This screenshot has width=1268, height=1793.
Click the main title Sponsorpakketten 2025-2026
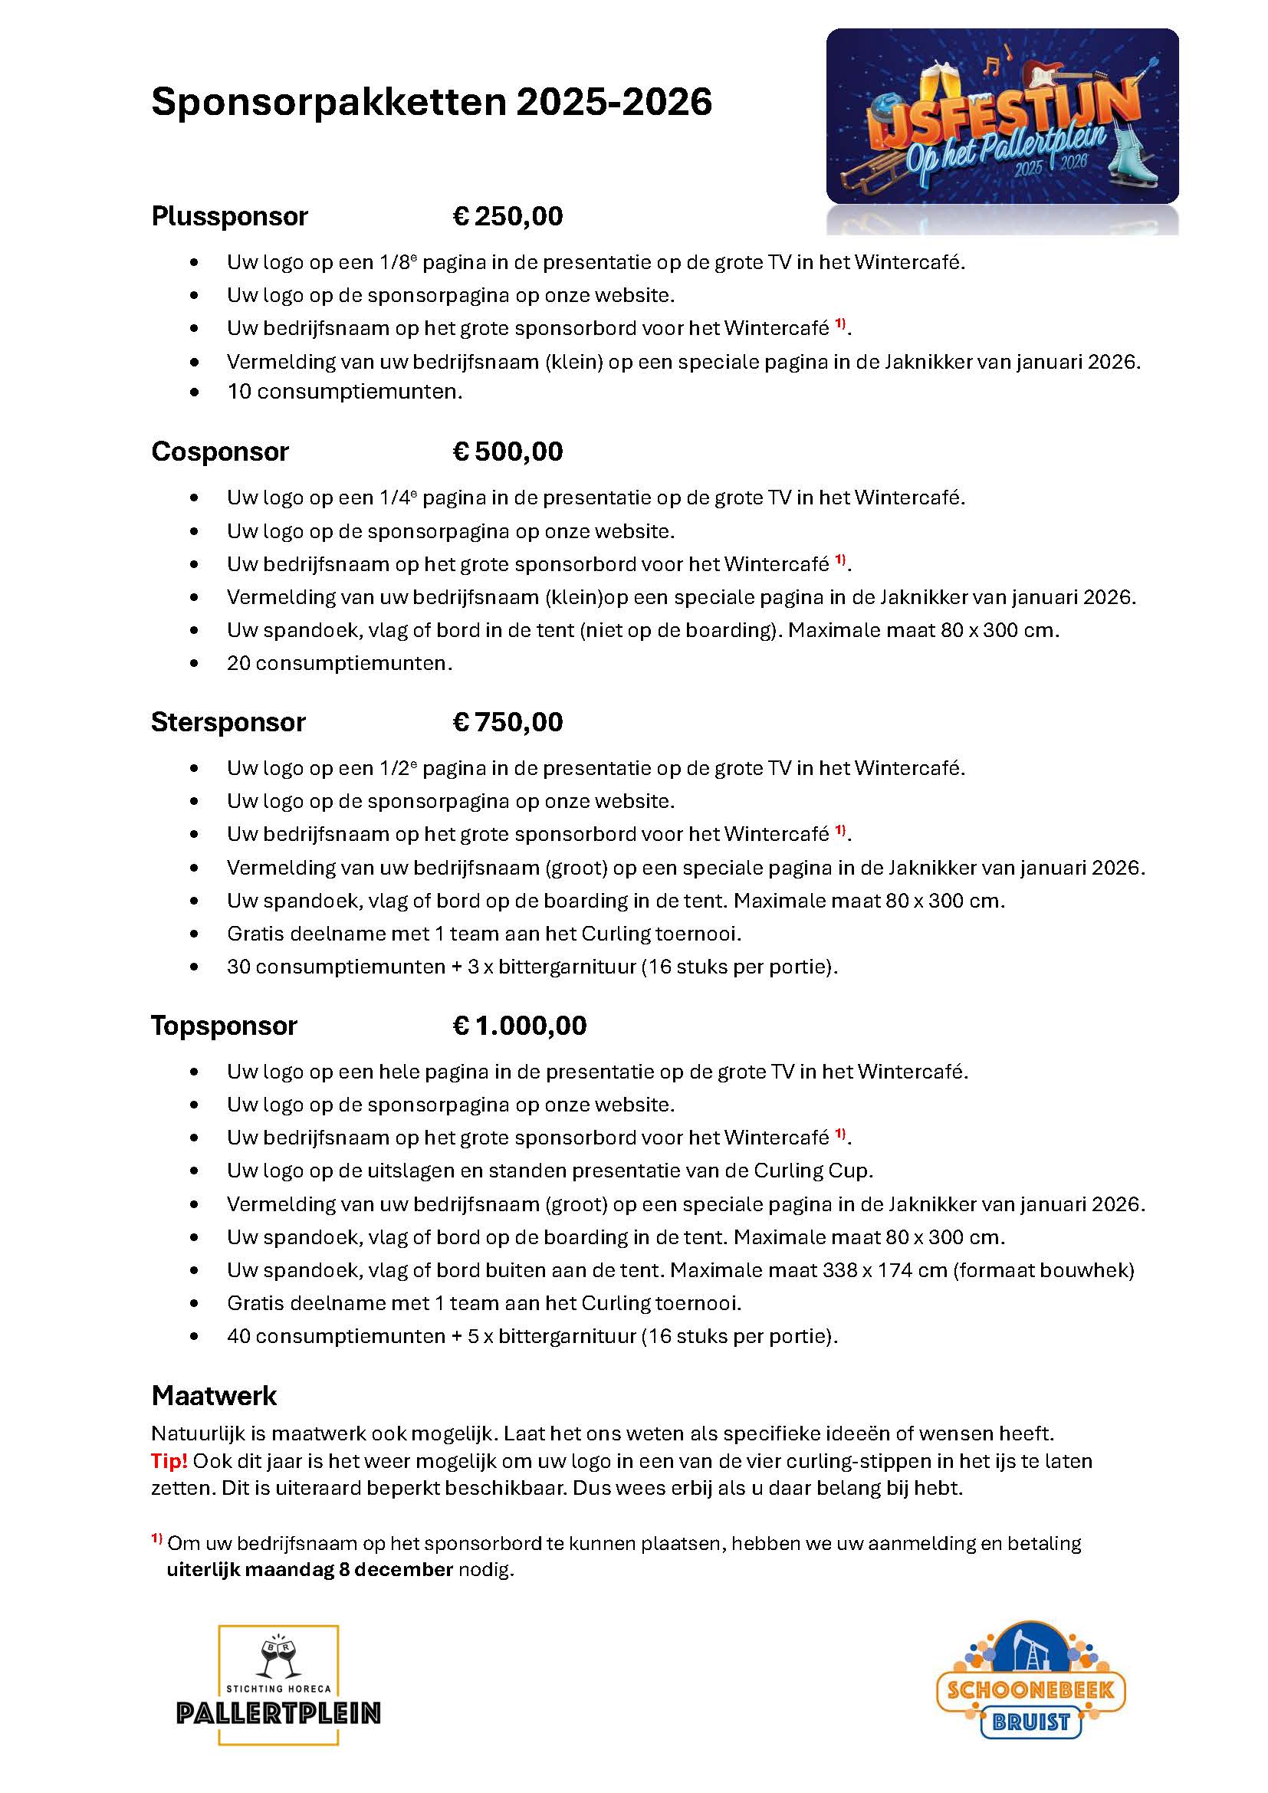point(431,102)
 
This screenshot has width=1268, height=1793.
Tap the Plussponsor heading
point(229,216)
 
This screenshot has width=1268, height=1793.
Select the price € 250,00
point(508,216)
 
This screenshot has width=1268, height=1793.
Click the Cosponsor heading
point(219,452)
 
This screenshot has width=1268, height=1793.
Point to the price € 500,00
point(508,452)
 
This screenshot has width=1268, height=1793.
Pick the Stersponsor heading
point(228,722)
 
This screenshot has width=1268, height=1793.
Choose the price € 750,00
point(508,722)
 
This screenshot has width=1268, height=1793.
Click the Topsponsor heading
point(224,1026)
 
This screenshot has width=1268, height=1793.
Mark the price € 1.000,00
point(519,1026)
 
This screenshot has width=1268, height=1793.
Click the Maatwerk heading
point(214,1395)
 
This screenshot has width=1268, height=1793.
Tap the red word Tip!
point(169,1461)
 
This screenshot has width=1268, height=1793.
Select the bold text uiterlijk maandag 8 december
point(310,1570)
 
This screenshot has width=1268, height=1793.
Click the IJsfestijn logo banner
point(1002,117)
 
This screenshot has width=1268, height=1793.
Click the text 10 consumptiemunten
point(344,392)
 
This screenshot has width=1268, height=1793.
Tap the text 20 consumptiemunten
point(340,663)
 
